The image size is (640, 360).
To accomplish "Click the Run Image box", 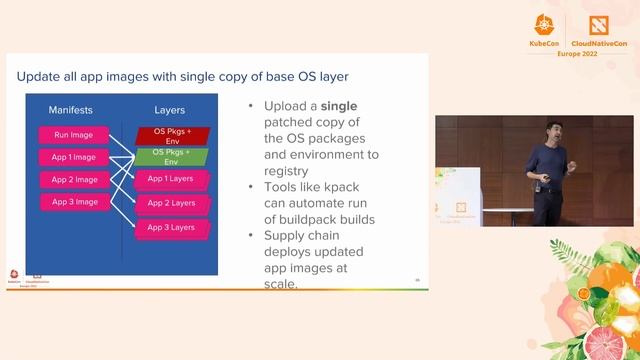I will [73, 134].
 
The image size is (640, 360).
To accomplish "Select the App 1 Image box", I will [73, 157].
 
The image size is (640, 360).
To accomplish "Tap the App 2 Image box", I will [73, 179].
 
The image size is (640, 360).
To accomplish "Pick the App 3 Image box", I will [73, 201].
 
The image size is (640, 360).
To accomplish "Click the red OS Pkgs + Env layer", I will [171, 134].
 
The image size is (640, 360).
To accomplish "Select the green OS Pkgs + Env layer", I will [171, 156].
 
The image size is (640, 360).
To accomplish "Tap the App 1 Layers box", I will [171, 179].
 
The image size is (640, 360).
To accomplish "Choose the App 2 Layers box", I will [171, 203].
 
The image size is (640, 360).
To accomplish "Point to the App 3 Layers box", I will [171, 227].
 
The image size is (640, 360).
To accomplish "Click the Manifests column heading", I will [72, 109].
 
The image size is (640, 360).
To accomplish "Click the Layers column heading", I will [170, 109].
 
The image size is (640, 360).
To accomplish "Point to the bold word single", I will [337, 106].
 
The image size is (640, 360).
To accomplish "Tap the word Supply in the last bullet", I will [288, 235].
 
